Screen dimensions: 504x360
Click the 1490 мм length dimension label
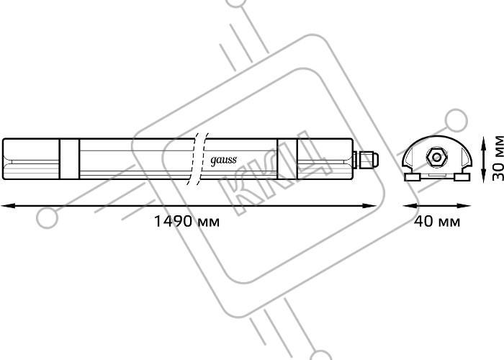point(187,222)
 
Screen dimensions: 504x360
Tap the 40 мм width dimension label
point(437,222)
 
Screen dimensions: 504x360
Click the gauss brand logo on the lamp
point(224,160)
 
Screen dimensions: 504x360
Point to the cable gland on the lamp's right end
point(366,159)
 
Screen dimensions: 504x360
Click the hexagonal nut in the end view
point(436,158)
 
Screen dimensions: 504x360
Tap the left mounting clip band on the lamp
point(69,159)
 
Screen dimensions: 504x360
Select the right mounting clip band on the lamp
point(287,159)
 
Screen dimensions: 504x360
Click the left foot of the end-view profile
point(413,177)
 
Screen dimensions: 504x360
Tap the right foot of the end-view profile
point(462,177)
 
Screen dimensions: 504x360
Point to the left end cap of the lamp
point(31,159)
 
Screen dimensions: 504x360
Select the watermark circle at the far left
point(48,218)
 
